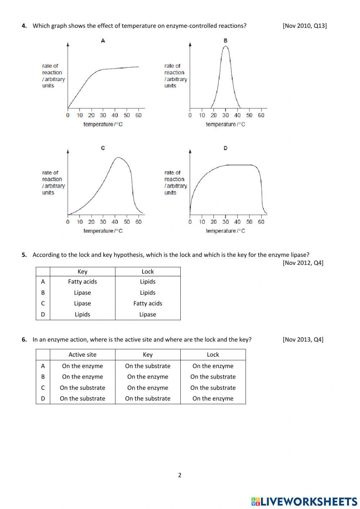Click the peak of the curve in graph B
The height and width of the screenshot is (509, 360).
pos(225,46)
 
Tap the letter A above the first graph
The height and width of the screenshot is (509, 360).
pos(103,41)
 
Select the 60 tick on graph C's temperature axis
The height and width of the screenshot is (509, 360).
pos(139,222)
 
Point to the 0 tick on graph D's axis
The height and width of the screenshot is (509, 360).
pos(190,222)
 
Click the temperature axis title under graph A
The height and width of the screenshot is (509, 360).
pos(103,124)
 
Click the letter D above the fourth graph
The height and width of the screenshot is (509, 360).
pos(225,148)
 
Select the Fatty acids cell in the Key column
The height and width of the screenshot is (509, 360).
pos(82,282)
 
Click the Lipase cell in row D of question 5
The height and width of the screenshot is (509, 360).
pos(148,314)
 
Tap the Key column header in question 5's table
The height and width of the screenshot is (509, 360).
pos(82,272)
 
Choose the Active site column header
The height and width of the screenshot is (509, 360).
pos(82,355)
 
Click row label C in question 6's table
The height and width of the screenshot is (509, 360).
pos(43,388)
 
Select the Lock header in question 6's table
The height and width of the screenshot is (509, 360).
pos(213,355)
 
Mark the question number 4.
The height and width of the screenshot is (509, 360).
pos(24,26)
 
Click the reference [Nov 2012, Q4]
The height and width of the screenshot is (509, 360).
pos(303,263)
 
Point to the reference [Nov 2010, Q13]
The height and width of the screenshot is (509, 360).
pos(305,26)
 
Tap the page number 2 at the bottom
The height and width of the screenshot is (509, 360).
pos(180,475)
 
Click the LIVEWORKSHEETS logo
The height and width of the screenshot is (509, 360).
pos(304,501)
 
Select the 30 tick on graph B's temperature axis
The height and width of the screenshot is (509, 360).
pos(225,115)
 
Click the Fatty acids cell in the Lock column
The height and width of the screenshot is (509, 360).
pos(148,304)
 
